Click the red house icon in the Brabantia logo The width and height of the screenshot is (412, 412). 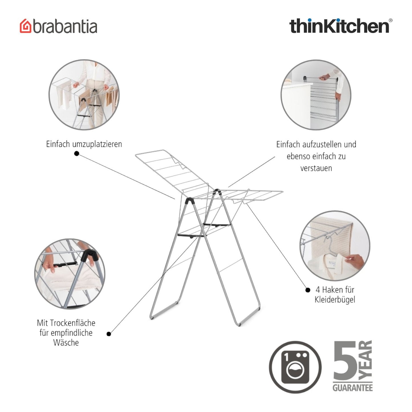click(25, 26)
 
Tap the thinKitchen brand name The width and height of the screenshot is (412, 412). click(339, 26)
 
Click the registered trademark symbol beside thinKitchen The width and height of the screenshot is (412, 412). click(390, 21)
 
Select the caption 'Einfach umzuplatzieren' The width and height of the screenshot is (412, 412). click(84, 144)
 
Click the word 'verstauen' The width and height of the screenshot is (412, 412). click(316, 168)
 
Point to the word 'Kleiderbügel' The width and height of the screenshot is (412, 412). click(335, 300)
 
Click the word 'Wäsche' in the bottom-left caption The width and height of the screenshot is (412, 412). click(66, 342)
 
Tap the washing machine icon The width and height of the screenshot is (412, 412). click(295, 367)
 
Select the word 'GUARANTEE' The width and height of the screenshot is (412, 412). click(352, 388)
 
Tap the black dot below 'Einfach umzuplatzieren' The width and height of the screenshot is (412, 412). click(76, 153)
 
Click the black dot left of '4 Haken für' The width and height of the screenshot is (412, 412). click(308, 290)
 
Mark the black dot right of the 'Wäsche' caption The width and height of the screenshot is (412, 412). click(109, 334)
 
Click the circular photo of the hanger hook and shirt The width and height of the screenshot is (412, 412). click(335, 246)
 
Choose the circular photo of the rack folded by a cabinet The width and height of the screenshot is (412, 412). click(316, 95)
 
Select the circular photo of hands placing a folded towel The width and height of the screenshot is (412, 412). click(70, 274)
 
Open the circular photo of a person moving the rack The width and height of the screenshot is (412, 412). click(84, 95)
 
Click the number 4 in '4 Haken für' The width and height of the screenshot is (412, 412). click(318, 290)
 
